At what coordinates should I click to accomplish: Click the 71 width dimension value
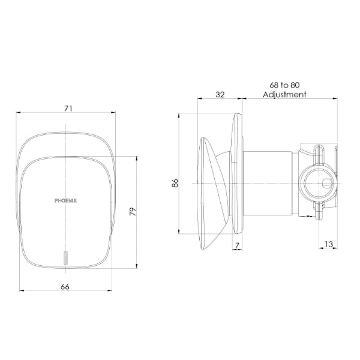pyautogui.click(x=68, y=108)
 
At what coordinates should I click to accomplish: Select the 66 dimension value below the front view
pyautogui.click(x=65, y=287)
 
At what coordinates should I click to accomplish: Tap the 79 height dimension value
pyautogui.click(x=133, y=212)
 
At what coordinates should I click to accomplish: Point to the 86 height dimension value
pyautogui.click(x=175, y=184)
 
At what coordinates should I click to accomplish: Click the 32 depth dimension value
pyautogui.click(x=219, y=94)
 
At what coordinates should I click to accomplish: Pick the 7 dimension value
pyautogui.click(x=238, y=245)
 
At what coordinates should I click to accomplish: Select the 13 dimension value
pyautogui.click(x=328, y=245)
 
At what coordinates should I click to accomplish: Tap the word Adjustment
pyautogui.click(x=284, y=94)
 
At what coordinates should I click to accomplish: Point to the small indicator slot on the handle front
pyautogui.click(x=65, y=257)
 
